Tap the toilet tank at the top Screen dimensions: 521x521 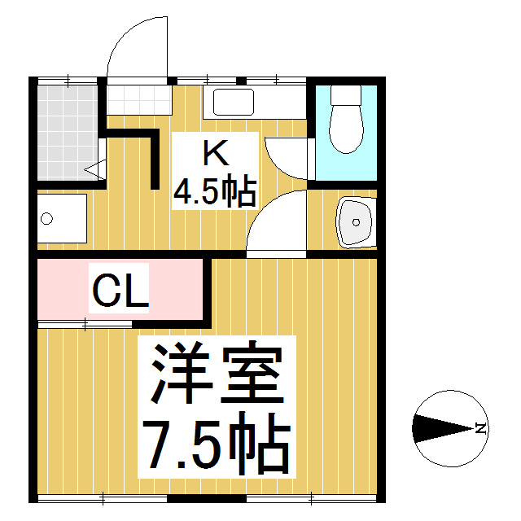(x=346, y=96)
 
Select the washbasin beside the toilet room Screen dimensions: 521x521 (x=356, y=222)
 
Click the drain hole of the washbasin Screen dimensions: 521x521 (x=356, y=222)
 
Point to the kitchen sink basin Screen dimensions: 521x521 (x=234, y=102)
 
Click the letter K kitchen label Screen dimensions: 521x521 (x=216, y=152)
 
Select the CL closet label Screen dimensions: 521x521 (x=120, y=290)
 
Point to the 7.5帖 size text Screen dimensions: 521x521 (x=217, y=444)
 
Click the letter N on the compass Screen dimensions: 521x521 (x=481, y=428)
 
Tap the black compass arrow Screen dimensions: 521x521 (x=443, y=429)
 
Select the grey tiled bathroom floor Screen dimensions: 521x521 (x=68, y=133)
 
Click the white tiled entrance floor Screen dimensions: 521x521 (x=139, y=99)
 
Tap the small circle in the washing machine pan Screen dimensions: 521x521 (x=46, y=219)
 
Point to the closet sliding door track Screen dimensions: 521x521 (x=85, y=324)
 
